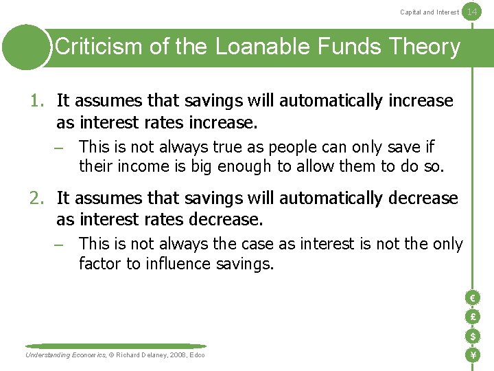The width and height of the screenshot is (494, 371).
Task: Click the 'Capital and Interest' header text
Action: [x=430, y=12]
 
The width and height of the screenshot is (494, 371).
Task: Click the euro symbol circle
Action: [x=472, y=297]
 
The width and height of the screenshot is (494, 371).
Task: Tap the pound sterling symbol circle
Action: [x=472, y=317]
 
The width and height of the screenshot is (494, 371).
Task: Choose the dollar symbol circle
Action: [x=472, y=336]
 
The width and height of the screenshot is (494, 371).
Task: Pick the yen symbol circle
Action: [x=472, y=355]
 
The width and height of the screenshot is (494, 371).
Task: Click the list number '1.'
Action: [x=38, y=101]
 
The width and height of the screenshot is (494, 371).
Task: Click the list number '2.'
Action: [x=38, y=199]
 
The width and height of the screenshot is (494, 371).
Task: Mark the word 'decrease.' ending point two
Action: [x=226, y=220]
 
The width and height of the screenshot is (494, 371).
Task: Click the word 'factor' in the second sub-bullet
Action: [x=100, y=264]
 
